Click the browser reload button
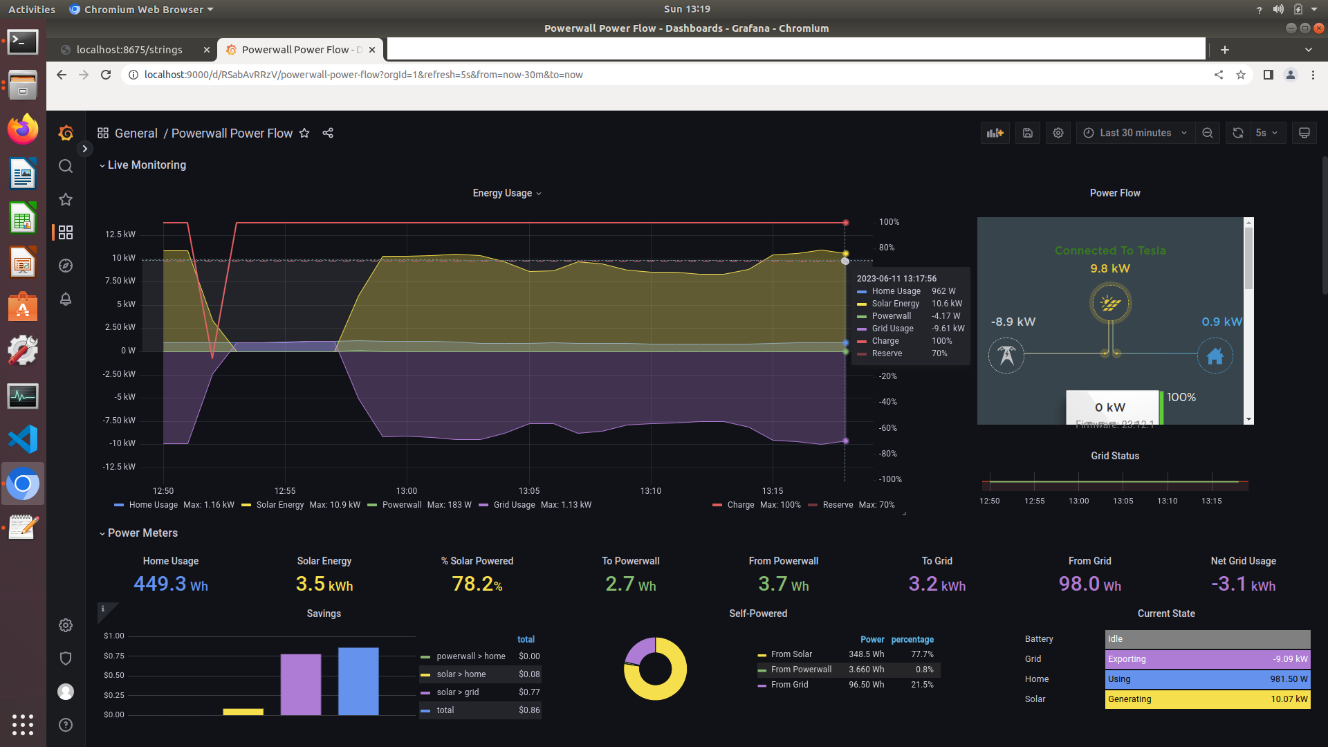106,75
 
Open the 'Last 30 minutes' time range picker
1134,133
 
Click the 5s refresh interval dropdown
1266,133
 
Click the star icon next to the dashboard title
304,133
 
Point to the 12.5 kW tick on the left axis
120,234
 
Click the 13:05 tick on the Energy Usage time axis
528,491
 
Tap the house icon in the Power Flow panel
1215,356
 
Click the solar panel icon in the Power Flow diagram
1110,303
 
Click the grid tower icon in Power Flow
1006,356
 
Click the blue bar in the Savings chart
358,681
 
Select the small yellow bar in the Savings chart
243,711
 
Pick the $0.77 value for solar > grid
529,692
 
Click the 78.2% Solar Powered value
477,584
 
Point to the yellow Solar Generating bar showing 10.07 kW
1207,699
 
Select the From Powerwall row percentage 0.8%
924,670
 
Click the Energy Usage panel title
502,193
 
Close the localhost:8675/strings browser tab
206,50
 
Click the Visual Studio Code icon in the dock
23,439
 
